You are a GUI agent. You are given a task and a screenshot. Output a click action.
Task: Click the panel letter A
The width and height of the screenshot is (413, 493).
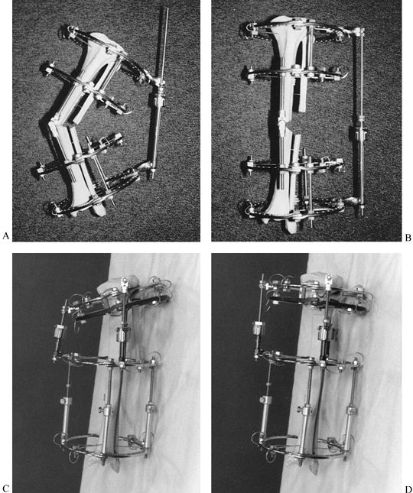point(5,236)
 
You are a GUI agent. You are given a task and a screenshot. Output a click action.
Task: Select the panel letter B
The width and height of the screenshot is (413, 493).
point(408,238)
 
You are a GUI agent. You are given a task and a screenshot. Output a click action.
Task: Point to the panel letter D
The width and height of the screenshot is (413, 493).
point(408,488)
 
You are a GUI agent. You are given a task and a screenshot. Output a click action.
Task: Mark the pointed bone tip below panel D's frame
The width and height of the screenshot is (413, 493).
point(314,466)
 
